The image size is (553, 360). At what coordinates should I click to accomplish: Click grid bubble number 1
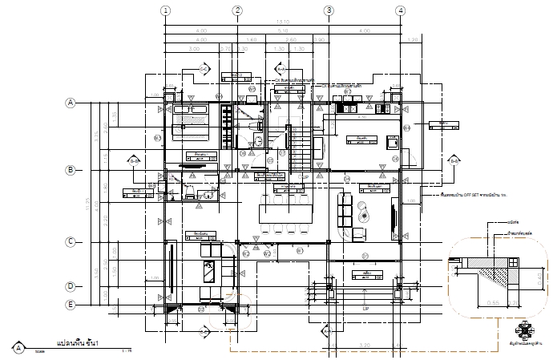pyautogui.click(x=165, y=10)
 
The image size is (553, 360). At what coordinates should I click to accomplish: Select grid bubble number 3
pyautogui.click(x=329, y=10)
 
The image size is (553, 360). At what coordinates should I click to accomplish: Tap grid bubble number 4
pyautogui.click(x=399, y=10)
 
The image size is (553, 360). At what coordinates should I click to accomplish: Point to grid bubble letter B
pyautogui.click(x=71, y=170)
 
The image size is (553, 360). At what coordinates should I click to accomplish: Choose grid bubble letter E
pyautogui.click(x=71, y=305)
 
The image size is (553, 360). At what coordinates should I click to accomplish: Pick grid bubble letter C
pyautogui.click(x=71, y=241)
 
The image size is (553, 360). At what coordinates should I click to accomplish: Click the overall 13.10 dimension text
pyautogui.click(x=281, y=22)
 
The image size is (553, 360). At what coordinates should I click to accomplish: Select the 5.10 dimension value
pyautogui.click(x=282, y=31)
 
